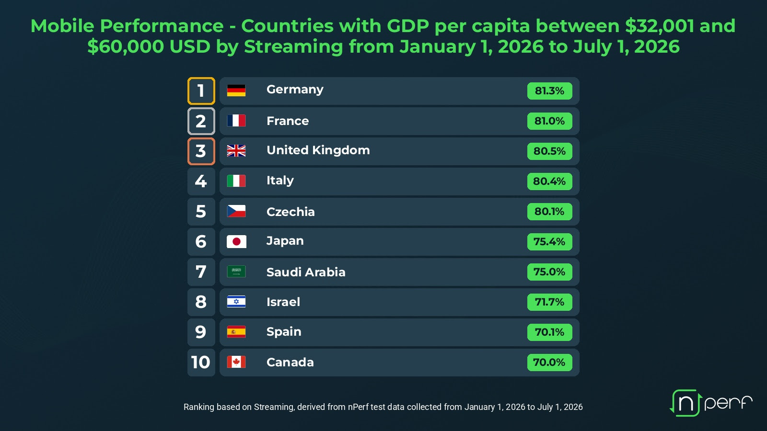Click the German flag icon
pos(236,91)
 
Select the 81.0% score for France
pos(549,121)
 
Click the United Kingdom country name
pos(318,150)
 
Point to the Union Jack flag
pos(236,151)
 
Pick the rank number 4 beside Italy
pos(201,181)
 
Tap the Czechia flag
pos(236,211)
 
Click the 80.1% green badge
pos(549,211)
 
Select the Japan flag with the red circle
pos(236,241)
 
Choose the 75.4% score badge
pos(549,241)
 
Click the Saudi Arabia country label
pos(306,272)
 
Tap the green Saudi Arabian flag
pos(236,272)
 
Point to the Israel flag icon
pos(236,302)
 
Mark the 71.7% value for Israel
pos(549,302)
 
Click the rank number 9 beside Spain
pos(201,332)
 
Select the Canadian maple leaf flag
pos(236,362)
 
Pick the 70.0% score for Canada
pos(549,362)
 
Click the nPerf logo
pos(711,403)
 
